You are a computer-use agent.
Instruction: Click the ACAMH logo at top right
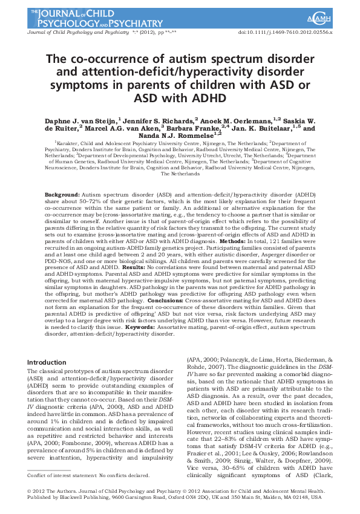pyautogui.click(x=334, y=13)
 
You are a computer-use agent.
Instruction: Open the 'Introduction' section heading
pyautogui.click(x=48, y=362)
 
